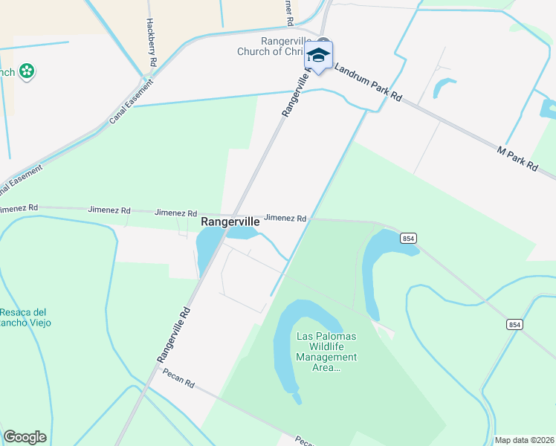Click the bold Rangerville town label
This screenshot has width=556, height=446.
pyautogui.click(x=230, y=222)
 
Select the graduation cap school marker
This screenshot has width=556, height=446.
pyautogui.click(x=319, y=56)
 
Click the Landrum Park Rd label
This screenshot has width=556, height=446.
pyautogui.click(x=367, y=82)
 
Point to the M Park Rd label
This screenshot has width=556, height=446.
pyautogui.click(x=517, y=159)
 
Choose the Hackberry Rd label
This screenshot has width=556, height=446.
pyautogui.click(x=150, y=44)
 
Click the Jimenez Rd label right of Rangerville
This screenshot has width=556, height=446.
pyautogui.click(x=285, y=218)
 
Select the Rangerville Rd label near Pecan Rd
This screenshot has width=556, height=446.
pyautogui.click(x=174, y=335)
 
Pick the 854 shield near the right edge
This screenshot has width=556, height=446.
pyautogui.click(x=514, y=325)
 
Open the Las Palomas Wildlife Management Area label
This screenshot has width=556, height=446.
pyautogui.click(x=326, y=352)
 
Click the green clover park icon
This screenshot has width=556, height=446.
pyautogui.click(x=28, y=71)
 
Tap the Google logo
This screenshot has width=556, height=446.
pyautogui.click(x=25, y=437)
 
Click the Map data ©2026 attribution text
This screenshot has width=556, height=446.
pyautogui.click(x=523, y=440)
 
